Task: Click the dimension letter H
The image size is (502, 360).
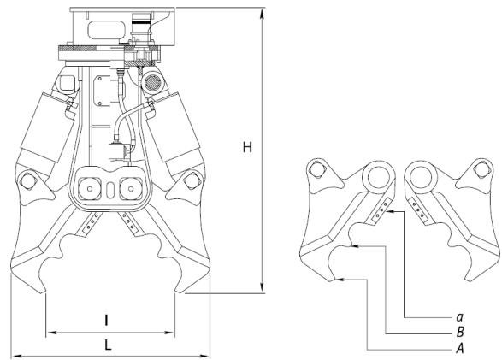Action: pos(247,148)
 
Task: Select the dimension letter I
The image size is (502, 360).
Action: pos(107,320)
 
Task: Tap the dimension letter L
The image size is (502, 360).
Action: pos(108,345)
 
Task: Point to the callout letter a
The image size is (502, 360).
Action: pos(459,317)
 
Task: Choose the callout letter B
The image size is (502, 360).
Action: pos(460,333)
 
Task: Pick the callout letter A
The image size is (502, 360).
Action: pos(460,348)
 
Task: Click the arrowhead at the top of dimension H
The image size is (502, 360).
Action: pos(263,15)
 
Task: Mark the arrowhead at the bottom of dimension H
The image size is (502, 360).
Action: pos(263,286)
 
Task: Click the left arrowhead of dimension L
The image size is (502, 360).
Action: pos(17,356)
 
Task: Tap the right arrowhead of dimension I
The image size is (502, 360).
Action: pos(169,333)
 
